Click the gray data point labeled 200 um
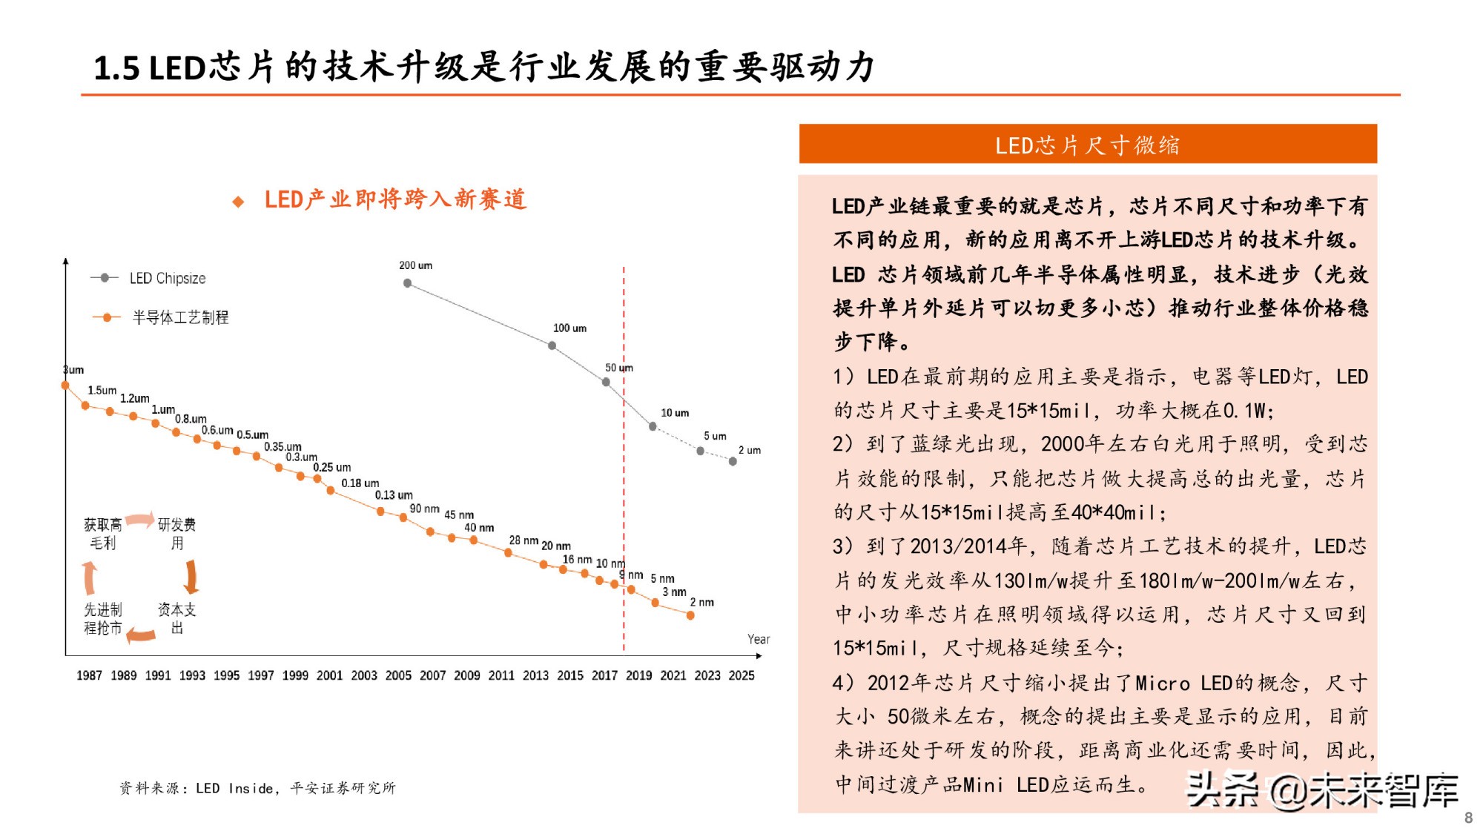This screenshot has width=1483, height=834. click(x=407, y=282)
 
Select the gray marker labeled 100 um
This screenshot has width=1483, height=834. click(x=552, y=345)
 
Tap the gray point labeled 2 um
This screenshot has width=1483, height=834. click(x=733, y=461)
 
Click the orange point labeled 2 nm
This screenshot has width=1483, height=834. click(x=690, y=615)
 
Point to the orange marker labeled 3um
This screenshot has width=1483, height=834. click(x=65, y=385)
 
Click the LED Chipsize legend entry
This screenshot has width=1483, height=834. click(x=148, y=278)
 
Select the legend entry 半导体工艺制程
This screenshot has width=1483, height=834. click(x=162, y=317)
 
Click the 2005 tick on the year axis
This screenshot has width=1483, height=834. click(x=398, y=675)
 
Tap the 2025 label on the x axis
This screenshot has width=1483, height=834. click(x=741, y=675)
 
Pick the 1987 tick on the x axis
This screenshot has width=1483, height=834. click(x=89, y=675)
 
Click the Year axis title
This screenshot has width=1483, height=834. click(x=758, y=639)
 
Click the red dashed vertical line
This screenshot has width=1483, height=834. click(x=624, y=482)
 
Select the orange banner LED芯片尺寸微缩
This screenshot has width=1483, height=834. click(x=1087, y=145)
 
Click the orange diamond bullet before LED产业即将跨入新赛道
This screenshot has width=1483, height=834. click(x=238, y=202)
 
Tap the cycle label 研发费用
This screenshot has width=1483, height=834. click(x=177, y=534)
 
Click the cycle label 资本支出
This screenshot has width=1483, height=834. click(x=177, y=618)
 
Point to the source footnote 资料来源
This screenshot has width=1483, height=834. click(x=257, y=788)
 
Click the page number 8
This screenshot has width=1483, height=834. click(x=1468, y=818)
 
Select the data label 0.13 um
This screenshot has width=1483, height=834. click(x=394, y=495)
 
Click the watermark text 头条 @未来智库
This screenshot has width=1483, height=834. click(x=1321, y=790)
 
